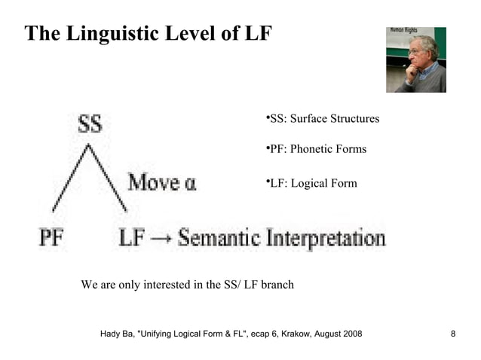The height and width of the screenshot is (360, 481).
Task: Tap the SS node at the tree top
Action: click(x=90, y=124)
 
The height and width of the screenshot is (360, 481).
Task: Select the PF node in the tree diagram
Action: click(x=51, y=239)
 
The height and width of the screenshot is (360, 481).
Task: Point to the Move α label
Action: click(x=161, y=182)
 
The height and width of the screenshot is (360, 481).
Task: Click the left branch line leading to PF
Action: click(x=70, y=181)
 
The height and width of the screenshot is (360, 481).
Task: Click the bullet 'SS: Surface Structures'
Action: click(x=323, y=120)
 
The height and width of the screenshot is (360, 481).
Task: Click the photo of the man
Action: click(x=415, y=59)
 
